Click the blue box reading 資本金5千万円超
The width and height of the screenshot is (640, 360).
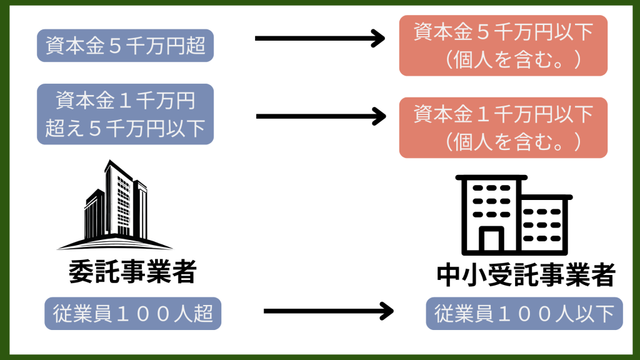(x=125, y=46)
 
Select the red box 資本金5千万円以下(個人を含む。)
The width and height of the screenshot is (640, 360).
(x=503, y=46)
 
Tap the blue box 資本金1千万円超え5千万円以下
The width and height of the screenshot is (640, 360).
(x=125, y=114)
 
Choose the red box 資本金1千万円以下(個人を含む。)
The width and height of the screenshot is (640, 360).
(x=503, y=127)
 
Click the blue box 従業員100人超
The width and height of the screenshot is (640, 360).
(x=132, y=314)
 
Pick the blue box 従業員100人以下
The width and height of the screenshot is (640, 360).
(x=524, y=314)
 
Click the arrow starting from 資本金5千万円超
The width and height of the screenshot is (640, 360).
(x=319, y=39)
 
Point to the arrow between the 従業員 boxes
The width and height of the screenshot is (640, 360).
(x=328, y=311)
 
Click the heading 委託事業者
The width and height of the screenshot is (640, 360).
(x=132, y=272)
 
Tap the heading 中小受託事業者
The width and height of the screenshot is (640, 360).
(x=525, y=275)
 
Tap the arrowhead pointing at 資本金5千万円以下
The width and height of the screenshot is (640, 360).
(x=377, y=39)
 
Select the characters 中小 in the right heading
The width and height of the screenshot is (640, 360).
(x=460, y=275)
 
